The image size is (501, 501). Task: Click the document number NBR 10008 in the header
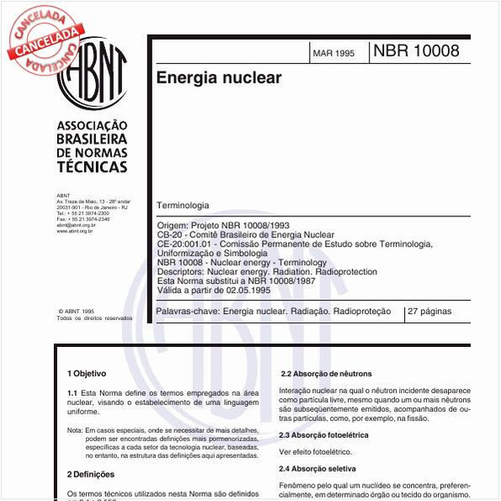[x=416, y=51]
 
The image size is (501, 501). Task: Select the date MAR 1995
[x=333, y=53]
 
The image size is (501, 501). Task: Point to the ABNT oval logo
[x=92, y=76]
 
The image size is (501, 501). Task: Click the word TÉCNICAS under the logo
[x=92, y=167]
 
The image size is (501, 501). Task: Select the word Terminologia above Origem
[x=183, y=205]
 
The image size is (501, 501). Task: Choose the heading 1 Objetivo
[x=87, y=372]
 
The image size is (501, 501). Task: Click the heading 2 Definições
[x=91, y=474]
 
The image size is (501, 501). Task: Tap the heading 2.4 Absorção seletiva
[x=317, y=467]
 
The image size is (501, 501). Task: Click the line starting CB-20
[x=246, y=235]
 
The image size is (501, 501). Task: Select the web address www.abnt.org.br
[x=75, y=231]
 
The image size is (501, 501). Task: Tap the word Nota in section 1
[x=76, y=430]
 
